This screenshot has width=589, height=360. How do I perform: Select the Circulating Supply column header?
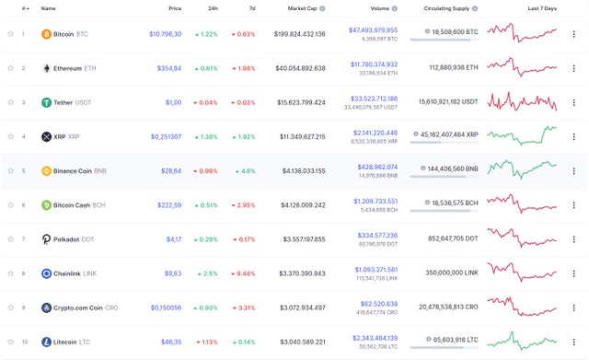point(450,8)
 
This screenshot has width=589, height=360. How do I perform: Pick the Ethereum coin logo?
point(47,68)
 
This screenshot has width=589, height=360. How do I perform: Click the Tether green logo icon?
point(47,102)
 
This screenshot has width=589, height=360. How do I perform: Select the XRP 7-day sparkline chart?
point(523,136)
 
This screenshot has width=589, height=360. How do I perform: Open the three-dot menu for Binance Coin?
point(574,171)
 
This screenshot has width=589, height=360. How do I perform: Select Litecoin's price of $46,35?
point(170,342)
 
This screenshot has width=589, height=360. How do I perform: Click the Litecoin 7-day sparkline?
point(523,342)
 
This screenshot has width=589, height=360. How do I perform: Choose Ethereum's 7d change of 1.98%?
point(244,68)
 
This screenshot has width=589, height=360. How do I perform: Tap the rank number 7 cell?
point(24,239)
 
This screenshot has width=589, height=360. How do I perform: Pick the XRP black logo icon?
point(47,136)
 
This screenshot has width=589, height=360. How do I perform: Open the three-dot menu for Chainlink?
point(574,273)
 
